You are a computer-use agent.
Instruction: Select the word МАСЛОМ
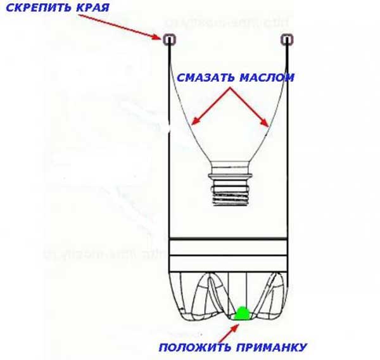267,78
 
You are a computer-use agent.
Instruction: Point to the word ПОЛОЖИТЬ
193,347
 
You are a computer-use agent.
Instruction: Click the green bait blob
241,312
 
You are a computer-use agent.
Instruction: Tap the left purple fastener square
170,40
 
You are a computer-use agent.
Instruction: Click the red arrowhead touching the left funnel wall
197,122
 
